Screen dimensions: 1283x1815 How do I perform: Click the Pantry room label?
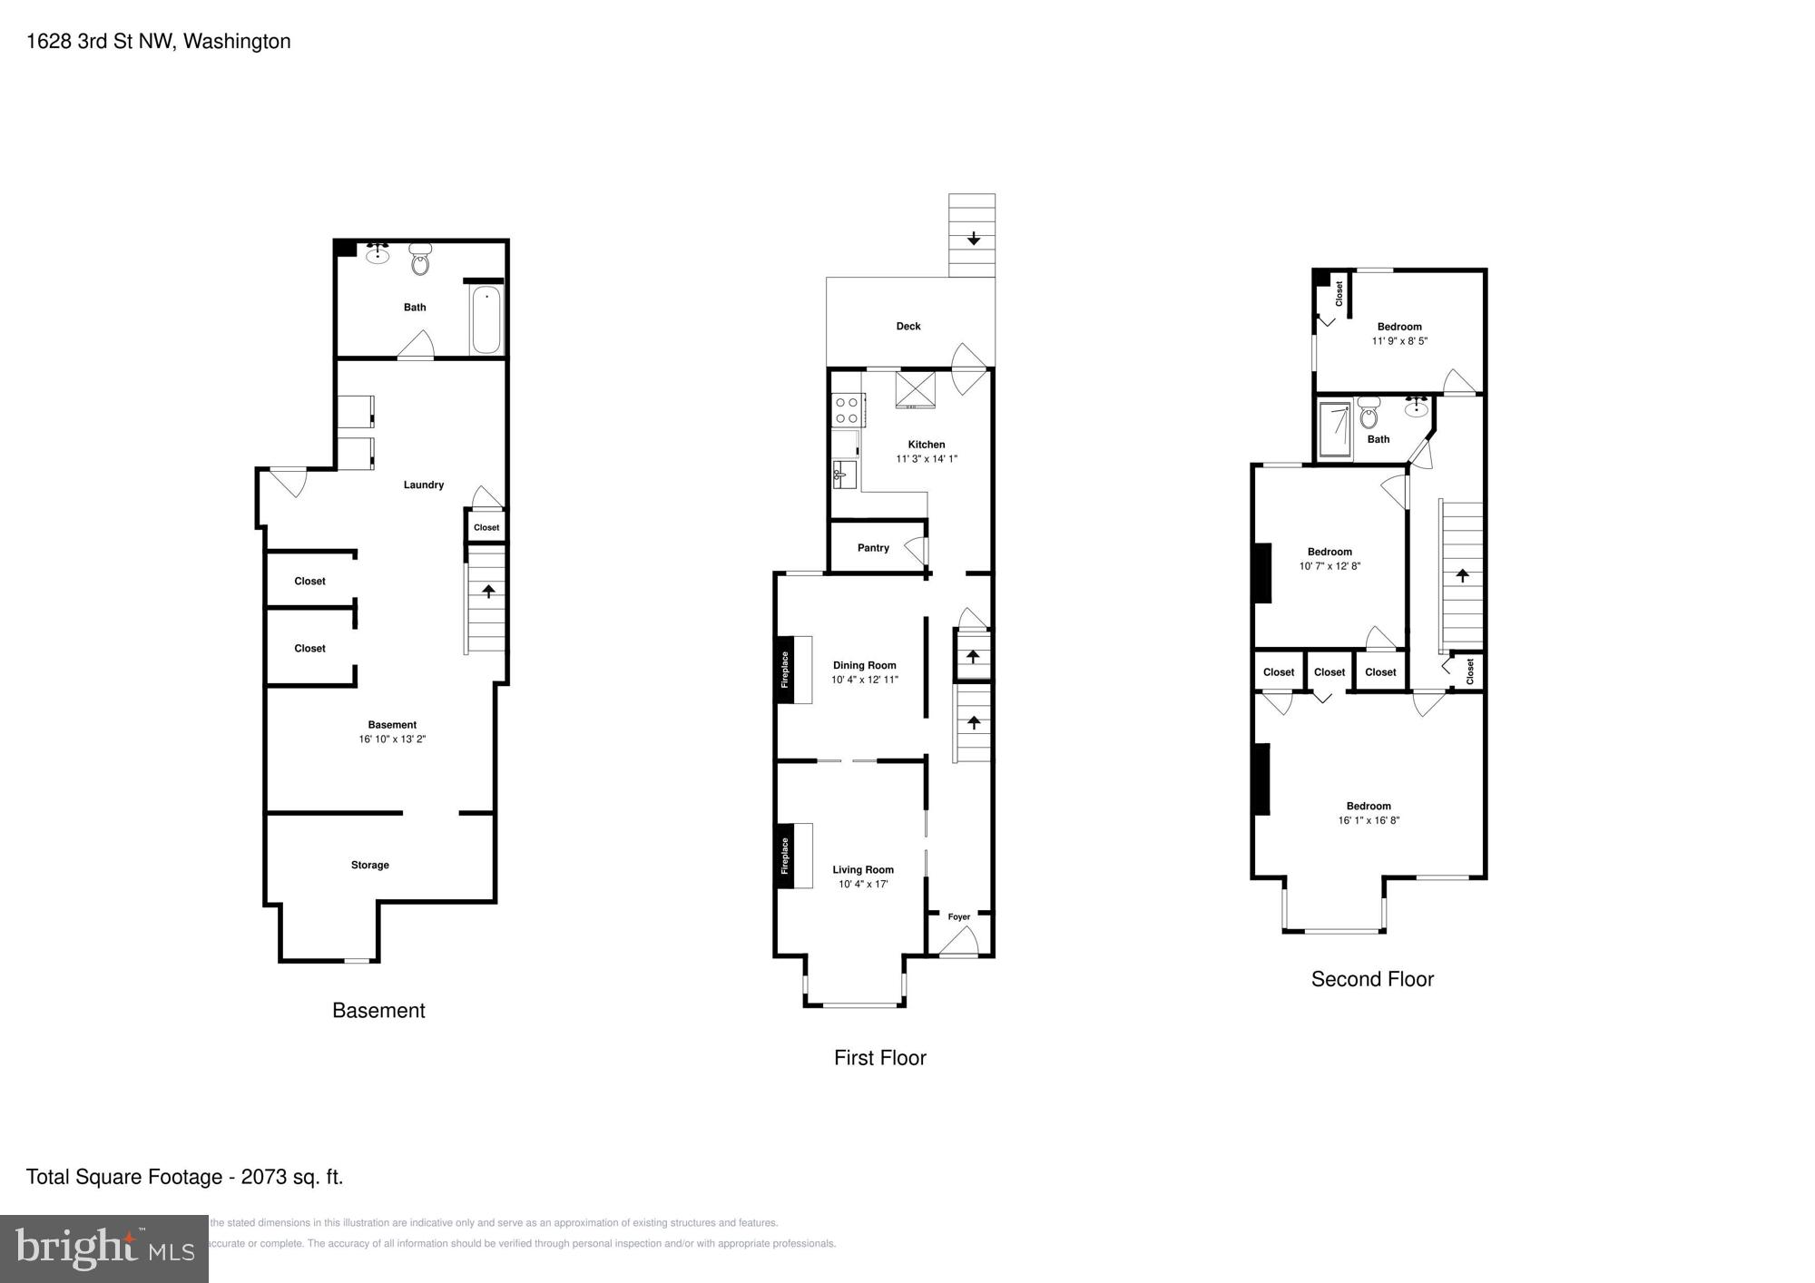[873, 548]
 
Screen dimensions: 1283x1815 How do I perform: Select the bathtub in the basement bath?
[486, 320]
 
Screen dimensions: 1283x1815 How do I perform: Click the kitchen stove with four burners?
[847, 410]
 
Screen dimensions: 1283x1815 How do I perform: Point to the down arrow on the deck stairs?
[973, 239]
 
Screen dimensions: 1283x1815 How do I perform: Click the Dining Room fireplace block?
[785, 670]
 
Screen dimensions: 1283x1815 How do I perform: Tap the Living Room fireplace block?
[785, 856]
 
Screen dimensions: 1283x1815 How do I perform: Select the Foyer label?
[959, 916]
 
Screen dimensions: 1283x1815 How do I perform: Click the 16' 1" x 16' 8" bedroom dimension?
[1369, 820]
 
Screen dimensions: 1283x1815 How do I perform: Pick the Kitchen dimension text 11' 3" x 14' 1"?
[927, 459]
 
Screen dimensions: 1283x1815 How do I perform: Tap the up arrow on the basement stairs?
[488, 592]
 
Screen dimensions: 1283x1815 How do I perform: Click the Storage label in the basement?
[369, 865]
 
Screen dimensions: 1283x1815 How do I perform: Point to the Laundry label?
[423, 485]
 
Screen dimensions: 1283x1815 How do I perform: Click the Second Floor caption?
[1372, 979]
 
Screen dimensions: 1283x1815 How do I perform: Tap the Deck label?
[908, 326]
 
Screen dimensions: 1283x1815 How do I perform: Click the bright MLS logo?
[104, 1249]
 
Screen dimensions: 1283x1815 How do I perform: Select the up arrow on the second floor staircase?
[1462, 575]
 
